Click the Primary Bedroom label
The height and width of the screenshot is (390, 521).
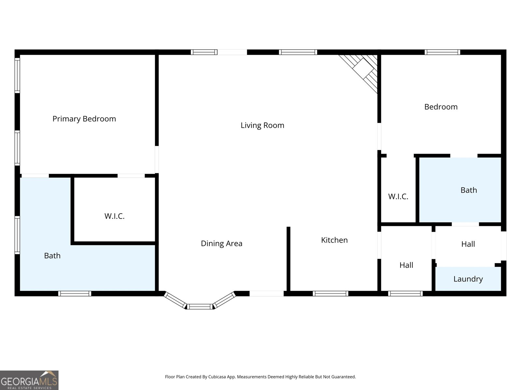tap(84, 119)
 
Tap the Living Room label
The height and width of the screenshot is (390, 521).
tap(262, 125)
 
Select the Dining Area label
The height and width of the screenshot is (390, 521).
tap(221, 243)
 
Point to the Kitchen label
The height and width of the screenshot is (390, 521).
tap(334, 240)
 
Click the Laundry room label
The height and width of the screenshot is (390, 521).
tap(468, 279)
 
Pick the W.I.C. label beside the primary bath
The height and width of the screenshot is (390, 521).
tap(114, 216)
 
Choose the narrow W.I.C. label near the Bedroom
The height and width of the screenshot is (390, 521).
tap(398, 196)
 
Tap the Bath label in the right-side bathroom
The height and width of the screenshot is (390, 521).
tap(469, 190)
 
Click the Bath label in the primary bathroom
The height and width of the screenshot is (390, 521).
tap(52, 256)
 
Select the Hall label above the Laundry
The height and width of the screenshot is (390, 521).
tap(468, 244)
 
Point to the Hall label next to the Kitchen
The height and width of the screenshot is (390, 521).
tap(406, 265)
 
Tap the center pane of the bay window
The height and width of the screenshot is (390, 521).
tap(200, 307)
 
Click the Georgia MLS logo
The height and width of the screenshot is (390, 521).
tap(29, 380)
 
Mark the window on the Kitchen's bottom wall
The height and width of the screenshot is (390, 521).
tap(331, 293)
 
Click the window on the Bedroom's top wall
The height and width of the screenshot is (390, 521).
tap(443, 52)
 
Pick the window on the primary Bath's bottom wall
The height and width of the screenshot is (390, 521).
tap(75, 293)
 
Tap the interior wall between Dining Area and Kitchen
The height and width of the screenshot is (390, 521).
tap(289, 259)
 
